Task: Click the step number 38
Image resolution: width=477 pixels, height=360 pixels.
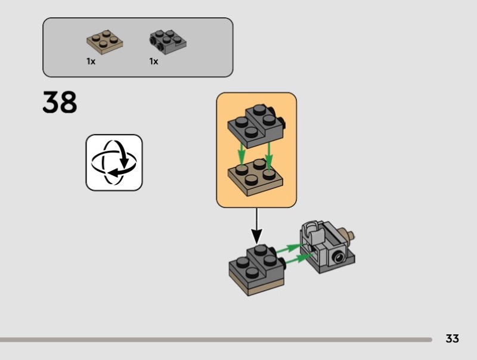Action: [x=60, y=103]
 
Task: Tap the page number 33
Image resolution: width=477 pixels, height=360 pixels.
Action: [x=452, y=339]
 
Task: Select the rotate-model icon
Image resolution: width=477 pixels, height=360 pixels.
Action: [x=114, y=162]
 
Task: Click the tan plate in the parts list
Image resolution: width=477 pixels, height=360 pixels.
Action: [x=105, y=41]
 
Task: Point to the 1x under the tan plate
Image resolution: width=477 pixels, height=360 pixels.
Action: [x=91, y=61]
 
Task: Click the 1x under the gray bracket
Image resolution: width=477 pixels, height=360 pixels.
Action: [x=154, y=61]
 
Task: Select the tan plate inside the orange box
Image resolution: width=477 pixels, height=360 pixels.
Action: [x=256, y=175]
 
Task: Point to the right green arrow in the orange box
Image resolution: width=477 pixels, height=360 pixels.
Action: [x=269, y=155]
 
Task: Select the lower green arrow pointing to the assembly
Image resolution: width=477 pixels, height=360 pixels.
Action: [x=298, y=258]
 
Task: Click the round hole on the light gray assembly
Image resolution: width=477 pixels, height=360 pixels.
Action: [x=339, y=257]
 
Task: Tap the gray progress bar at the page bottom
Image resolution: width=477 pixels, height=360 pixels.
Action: [x=215, y=340]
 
